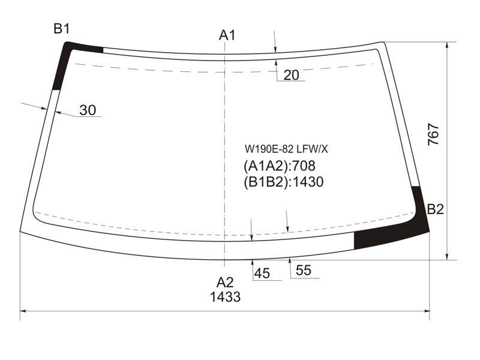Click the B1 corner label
62,29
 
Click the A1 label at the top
227,35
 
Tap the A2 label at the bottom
225,282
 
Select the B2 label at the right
436,209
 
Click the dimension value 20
291,75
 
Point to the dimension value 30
88,110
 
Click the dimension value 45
262,274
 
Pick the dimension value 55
304,271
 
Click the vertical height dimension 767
433,134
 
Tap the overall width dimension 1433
226,297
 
